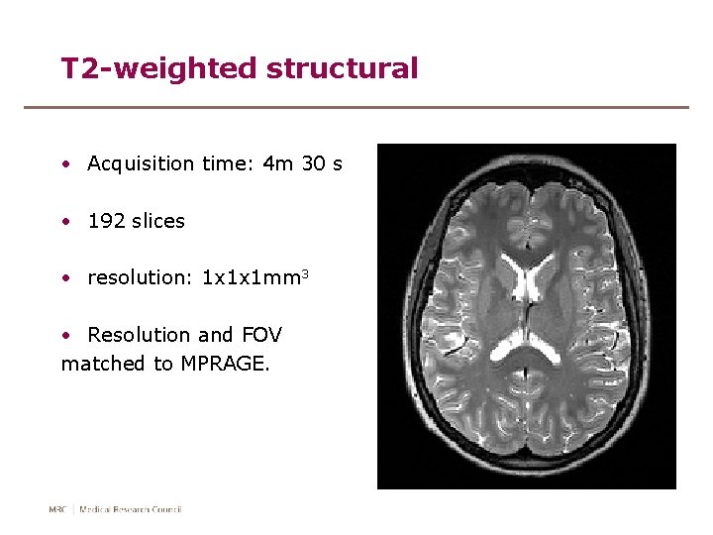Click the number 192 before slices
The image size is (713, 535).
pos(106,221)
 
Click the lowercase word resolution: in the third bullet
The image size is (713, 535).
pos(141,278)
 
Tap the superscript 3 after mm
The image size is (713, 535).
pos(307,273)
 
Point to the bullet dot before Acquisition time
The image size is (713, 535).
pos(64,164)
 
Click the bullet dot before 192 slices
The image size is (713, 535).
pos(64,221)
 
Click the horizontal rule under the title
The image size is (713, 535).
pos(356,107)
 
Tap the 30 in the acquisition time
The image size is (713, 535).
pos(312,164)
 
